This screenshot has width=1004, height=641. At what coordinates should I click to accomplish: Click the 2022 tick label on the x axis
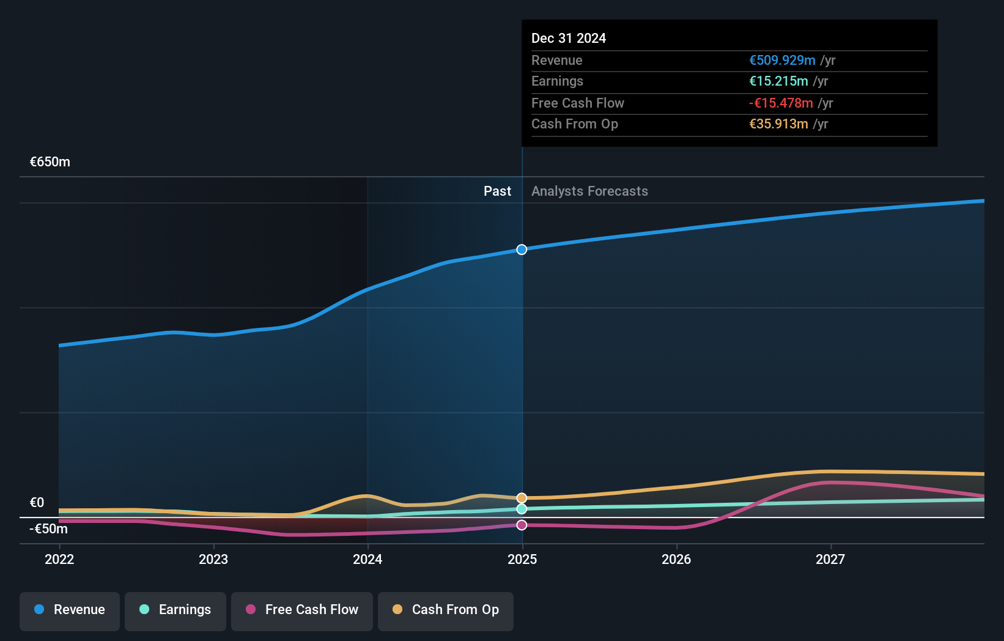tap(59, 559)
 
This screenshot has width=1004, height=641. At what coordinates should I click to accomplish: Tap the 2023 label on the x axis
tap(213, 559)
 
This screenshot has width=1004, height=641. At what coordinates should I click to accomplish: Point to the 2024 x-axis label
tap(367, 559)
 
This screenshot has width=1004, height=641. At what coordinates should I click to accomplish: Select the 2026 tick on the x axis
tap(676, 559)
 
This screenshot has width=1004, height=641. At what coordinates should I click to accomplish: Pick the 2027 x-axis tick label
tap(830, 559)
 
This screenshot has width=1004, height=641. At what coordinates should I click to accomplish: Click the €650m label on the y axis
tap(50, 162)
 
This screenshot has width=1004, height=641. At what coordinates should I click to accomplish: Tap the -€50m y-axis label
tap(49, 529)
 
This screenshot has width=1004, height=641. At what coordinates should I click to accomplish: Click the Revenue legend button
tap(70, 610)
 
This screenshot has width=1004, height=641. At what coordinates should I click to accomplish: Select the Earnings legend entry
tap(175, 610)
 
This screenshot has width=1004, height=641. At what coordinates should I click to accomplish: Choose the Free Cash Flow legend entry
tap(302, 610)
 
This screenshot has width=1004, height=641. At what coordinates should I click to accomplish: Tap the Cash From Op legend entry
tap(446, 610)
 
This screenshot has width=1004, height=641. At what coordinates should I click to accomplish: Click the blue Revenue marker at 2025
tap(522, 250)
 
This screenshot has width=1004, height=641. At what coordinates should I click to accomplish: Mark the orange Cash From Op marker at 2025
tap(522, 498)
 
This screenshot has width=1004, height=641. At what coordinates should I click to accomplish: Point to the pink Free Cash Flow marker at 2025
tap(522, 525)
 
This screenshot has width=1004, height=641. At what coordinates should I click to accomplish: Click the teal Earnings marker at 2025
tap(522, 509)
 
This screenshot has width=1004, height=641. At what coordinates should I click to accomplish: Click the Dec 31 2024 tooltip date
tap(569, 38)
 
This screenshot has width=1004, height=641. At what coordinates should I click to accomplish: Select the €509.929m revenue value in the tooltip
tap(782, 61)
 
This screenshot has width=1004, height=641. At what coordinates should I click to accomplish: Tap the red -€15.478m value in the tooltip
tap(781, 103)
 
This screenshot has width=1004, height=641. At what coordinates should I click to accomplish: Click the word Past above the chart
tap(497, 191)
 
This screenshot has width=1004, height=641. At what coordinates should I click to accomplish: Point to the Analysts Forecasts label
tap(589, 191)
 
